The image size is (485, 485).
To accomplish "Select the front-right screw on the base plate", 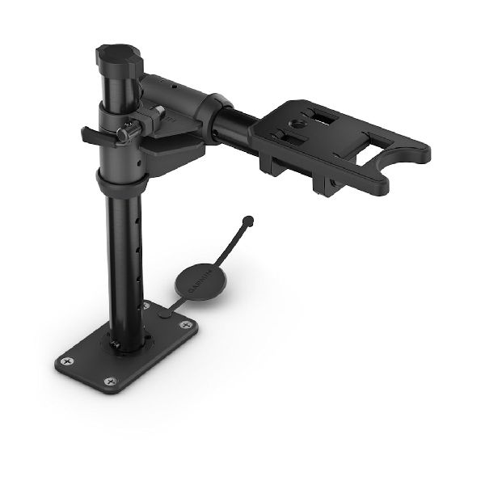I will (x=111, y=379).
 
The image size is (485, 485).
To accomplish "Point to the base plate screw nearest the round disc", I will (x=188, y=324).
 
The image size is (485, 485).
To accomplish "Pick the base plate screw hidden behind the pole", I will (x=146, y=306).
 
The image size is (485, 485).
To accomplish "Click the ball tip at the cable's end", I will (x=249, y=219).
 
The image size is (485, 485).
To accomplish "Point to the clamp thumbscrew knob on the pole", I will (x=124, y=133).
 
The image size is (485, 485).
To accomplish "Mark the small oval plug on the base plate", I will (x=165, y=313).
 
